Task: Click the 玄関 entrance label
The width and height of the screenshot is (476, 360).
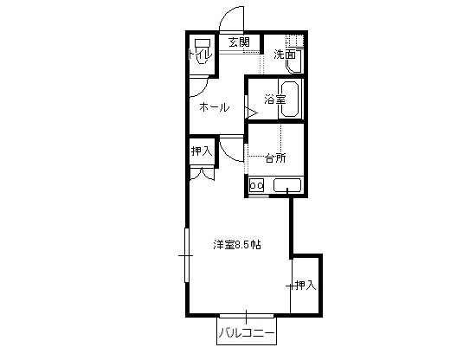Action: [x=239, y=42]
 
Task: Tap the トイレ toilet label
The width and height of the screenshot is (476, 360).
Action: [x=199, y=55]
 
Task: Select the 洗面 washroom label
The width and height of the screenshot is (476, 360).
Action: [x=285, y=55]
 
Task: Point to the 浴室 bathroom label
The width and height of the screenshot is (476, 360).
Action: [x=275, y=100]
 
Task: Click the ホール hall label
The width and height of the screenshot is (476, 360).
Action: [x=215, y=107]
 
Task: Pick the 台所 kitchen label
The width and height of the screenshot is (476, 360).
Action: [x=275, y=157]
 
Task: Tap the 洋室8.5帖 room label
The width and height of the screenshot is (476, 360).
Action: [x=237, y=245]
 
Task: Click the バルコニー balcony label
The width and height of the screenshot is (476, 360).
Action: [x=247, y=333]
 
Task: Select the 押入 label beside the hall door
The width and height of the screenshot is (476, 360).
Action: [x=202, y=151]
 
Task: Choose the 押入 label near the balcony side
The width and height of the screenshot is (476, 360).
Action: [x=306, y=285]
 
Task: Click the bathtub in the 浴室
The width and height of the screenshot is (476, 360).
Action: [x=290, y=100]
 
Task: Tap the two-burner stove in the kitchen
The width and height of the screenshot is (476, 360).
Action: [x=256, y=185]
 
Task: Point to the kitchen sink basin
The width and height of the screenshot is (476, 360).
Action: [x=287, y=185]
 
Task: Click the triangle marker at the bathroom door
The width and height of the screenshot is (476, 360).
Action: [x=253, y=112]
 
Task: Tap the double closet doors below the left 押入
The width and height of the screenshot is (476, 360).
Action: [x=203, y=174]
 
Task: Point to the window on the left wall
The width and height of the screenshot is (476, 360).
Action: [x=187, y=255]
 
